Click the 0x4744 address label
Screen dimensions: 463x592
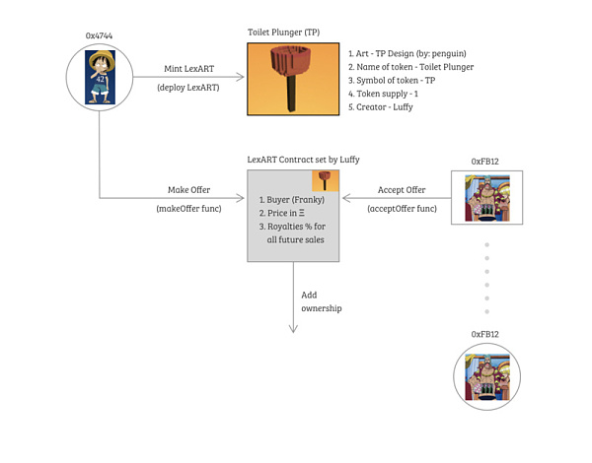(x=99, y=34)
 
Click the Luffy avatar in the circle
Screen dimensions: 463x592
(x=99, y=78)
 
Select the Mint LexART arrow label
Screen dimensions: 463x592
(x=188, y=70)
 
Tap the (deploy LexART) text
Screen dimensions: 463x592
(x=188, y=89)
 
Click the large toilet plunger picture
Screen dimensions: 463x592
(x=291, y=77)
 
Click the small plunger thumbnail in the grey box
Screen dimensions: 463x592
(x=326, y=180)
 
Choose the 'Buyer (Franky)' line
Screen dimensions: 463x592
(x=291, y=199)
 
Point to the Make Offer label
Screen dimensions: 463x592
(x=189, y=190)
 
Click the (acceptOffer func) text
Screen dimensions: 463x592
(x=402, y=209)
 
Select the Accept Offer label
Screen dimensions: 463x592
(x=402, y=190)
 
